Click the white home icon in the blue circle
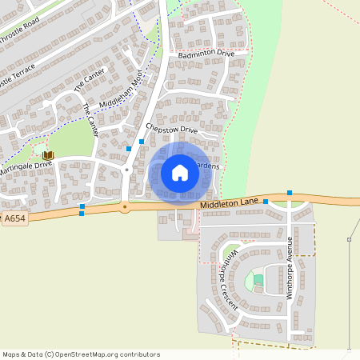tap(180, 173)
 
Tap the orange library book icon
tap(47, 154)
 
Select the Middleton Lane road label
tap(230, 205)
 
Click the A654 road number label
tap(14, 218)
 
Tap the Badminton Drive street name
tap(206, 54)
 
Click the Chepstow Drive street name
tap(170, 128)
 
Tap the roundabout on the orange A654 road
tap(125, 207)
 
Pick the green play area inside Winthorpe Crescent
tap(258, 280)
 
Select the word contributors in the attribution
tap(139, 354)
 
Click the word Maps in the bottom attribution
tap(11, 354)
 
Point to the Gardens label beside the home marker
tap(206, 166)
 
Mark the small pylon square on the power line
tap(349, 239)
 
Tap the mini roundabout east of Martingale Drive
tap(126, 170)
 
